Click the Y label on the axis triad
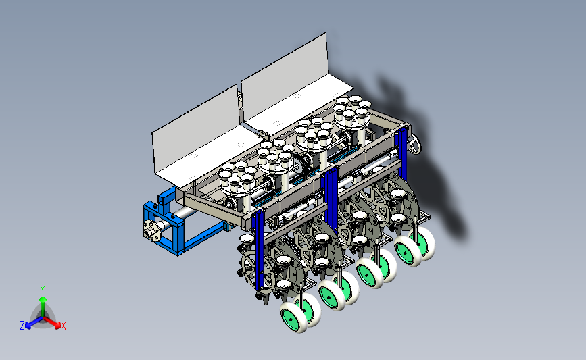43,290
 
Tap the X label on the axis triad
63,326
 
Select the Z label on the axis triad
22,326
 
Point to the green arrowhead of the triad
43,299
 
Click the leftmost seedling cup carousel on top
237,178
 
